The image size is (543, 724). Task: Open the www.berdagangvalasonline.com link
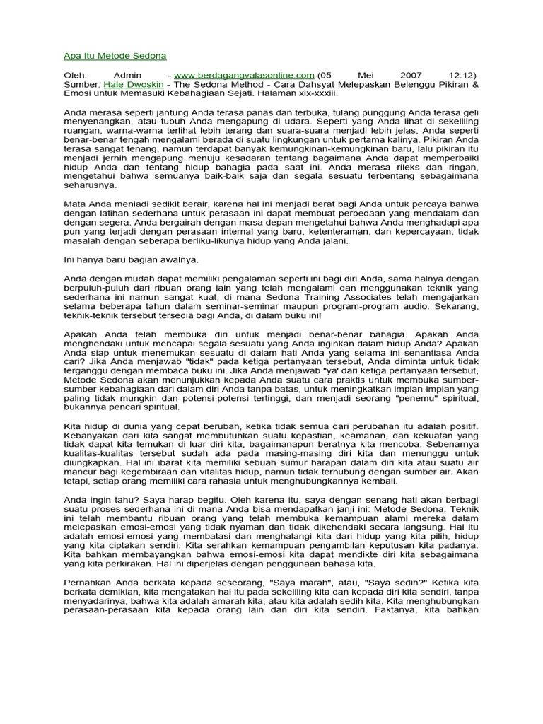pyautogui.click(x=244, y=74)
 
